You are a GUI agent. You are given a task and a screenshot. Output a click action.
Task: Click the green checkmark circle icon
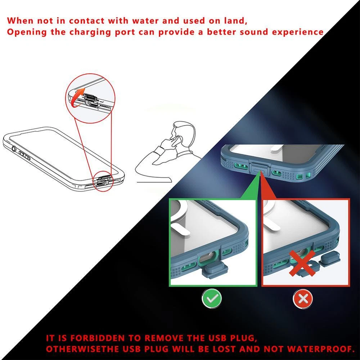[x=212, y=299]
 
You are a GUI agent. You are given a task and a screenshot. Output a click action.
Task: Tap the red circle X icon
[x=303, y=299]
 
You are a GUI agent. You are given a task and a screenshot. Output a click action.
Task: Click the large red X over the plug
[x=302, y=263]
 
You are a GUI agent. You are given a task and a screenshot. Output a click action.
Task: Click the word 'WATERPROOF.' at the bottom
[x=321, y=349]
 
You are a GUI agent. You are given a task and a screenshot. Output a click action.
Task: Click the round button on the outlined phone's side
[x=14, y=149]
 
